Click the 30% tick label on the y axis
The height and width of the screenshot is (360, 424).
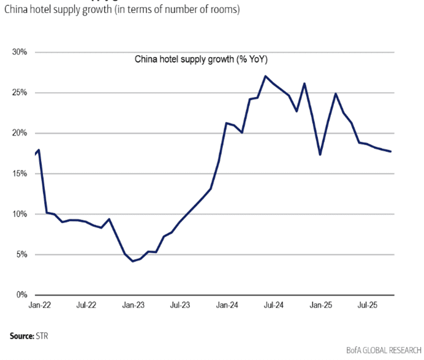tap(19, 52)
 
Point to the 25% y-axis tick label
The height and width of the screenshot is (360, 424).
tap(19, 93)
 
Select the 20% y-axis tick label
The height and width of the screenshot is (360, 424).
tap(19, 133)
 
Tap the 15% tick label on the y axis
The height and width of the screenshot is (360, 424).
tap(19, 174)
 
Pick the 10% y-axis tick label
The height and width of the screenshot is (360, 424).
tap(19, 214)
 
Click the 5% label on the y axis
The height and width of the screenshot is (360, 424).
tap(21, 255)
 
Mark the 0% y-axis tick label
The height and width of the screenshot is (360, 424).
tap(21, 295)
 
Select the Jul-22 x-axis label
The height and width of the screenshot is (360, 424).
tap(86, 304)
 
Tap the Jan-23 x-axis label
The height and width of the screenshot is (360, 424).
tap(132, 304)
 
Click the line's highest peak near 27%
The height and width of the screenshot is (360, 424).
tap(265, 76)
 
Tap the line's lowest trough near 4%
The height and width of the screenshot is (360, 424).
tap(132, 261)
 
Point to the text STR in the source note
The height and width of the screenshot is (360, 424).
tap(43, 336)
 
